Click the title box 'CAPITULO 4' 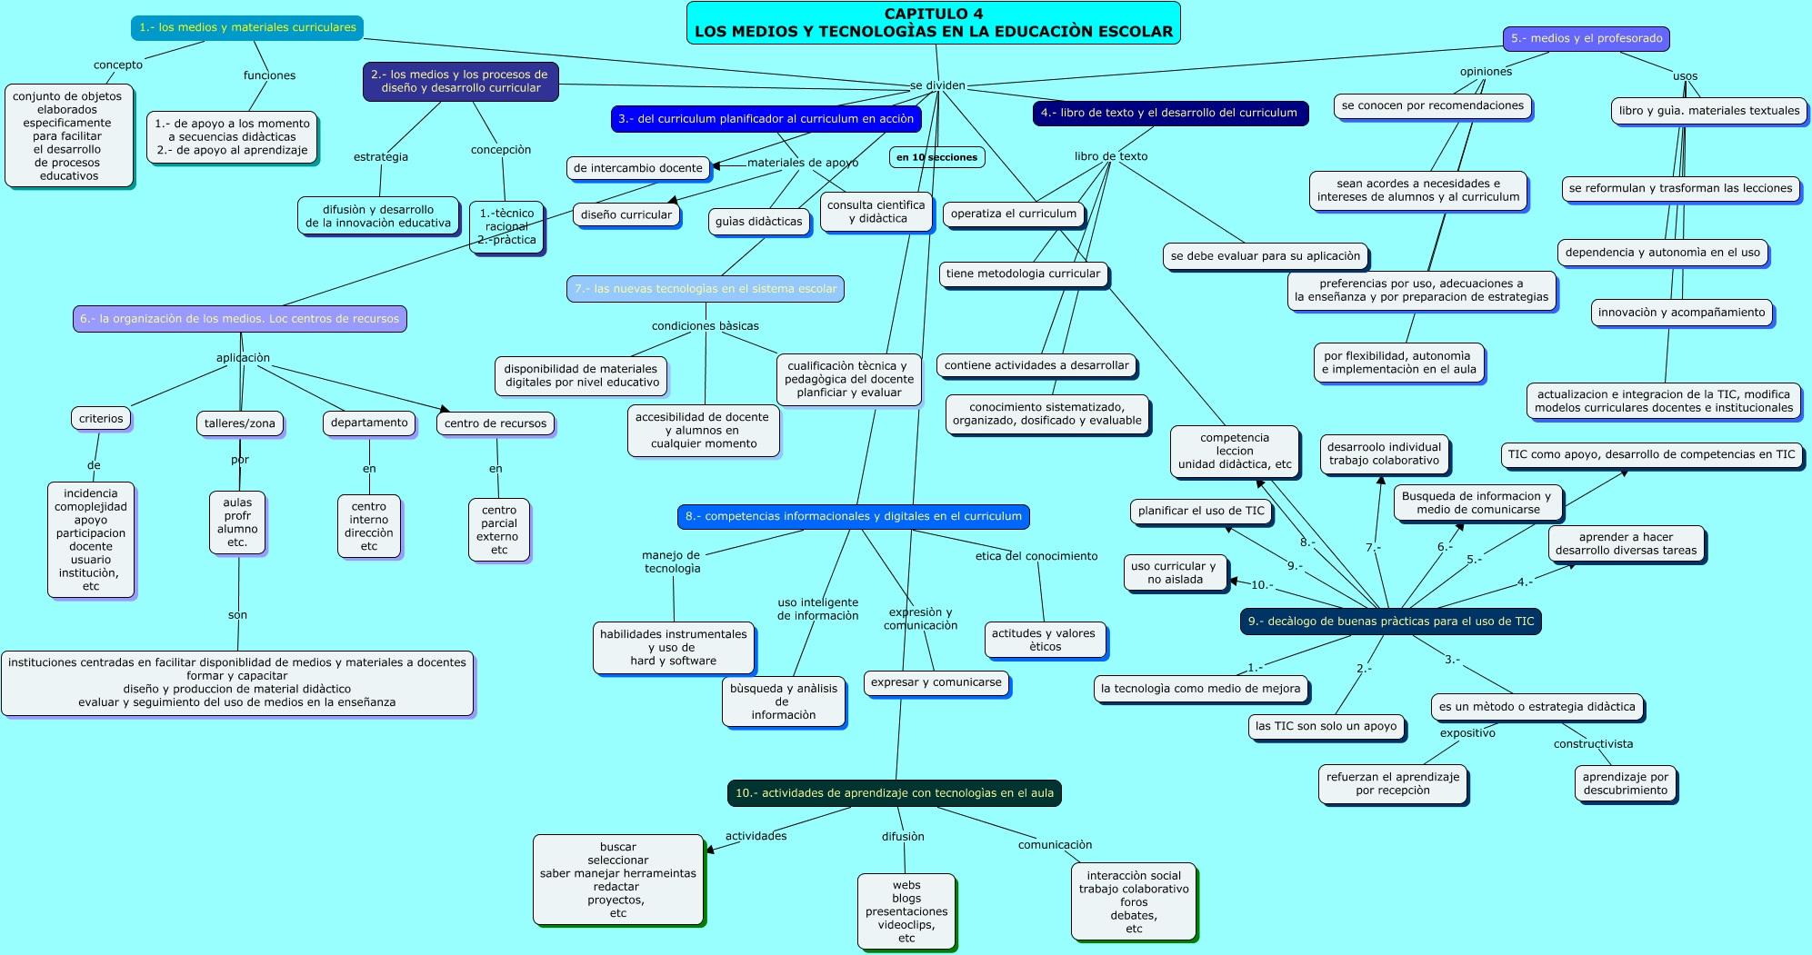tap(933, 23)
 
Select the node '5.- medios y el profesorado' tap(1586, 38)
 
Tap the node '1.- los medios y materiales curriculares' tap(247, 27)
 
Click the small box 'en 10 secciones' tap(936, 157)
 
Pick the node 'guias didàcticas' tap(758, 221)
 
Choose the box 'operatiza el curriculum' tap(1013, 214)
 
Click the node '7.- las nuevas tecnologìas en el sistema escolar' tap(706, 289)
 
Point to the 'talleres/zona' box tap(239, 423)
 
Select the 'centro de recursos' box tap(496, 423)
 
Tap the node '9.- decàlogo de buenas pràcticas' tap(1390, 622)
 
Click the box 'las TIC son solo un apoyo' tap(1326, 726)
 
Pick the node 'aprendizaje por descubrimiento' tap(1625, 783)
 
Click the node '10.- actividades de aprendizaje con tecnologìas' tap(894, 793)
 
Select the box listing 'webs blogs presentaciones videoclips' tap(906, 911)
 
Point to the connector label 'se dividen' tap(937, 85)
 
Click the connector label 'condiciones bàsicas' tap(705, 326)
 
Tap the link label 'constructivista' tap(1593, 744)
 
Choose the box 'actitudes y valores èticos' tap(1045, 640)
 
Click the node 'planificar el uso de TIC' tap(1200, 511)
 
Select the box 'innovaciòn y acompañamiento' tap(1681, 313)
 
